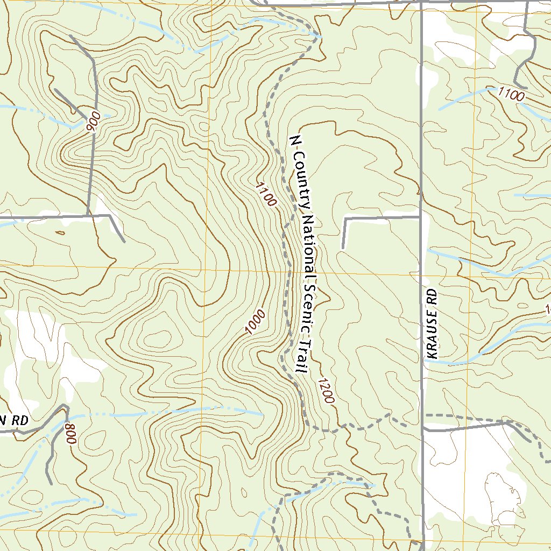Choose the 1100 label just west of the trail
point(266,195)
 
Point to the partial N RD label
point(13,421)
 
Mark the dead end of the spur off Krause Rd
point(343,248)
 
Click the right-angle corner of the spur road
point(345,219)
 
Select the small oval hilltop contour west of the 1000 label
point(156,340)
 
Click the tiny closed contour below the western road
point(60,232)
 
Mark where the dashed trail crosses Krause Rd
point(422,416)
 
